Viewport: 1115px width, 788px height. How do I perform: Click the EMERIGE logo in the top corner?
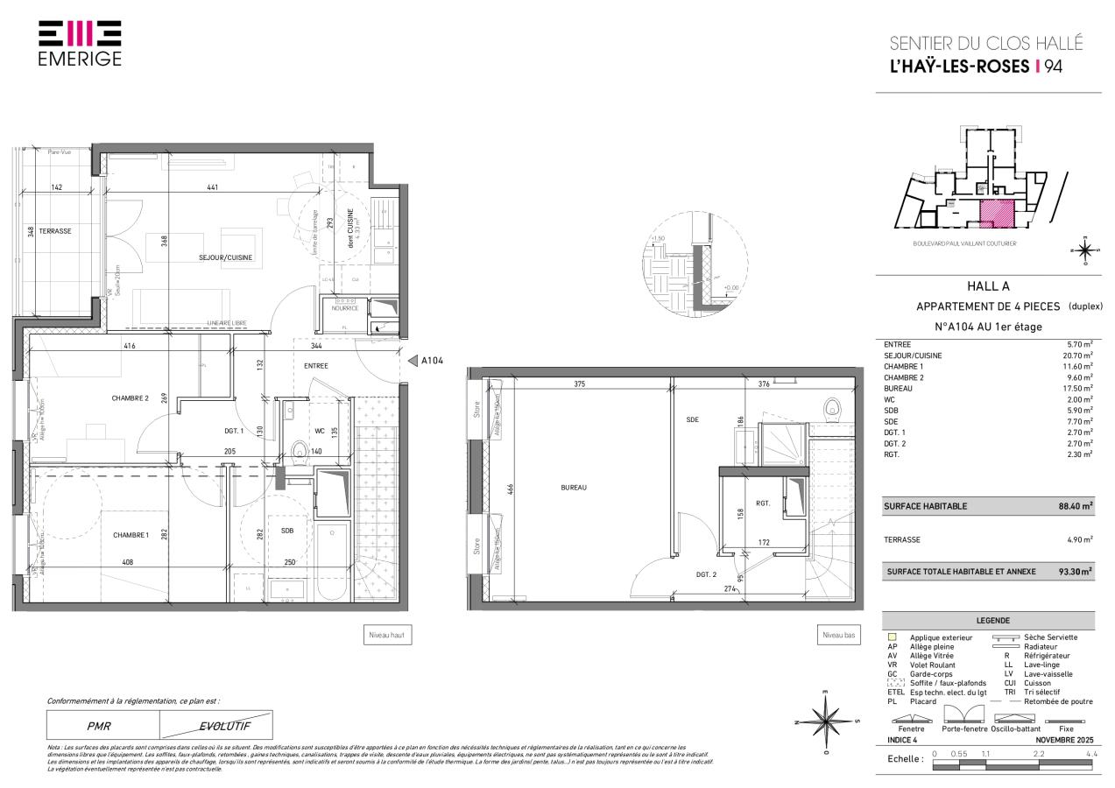coord(80,43)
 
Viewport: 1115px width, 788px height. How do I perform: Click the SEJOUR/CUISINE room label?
coord(226,257)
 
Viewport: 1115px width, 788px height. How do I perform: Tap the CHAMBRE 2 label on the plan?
coord(130,398)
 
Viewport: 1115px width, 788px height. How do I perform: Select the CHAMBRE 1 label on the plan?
coord(131,535)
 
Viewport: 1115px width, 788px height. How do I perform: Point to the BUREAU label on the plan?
coord(574,488)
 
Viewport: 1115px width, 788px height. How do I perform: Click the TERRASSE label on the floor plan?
coord(54,231)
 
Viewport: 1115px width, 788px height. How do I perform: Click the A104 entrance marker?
coord(428,360)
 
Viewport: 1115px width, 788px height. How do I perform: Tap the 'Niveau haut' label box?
coord(388,637)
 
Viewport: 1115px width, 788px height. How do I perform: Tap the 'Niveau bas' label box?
coord(838,637)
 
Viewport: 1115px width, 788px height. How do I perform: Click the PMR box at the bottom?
coord(99,726)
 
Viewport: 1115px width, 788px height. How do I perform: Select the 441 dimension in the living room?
coord(212,187)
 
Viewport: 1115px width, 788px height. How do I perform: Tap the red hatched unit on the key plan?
coord(997,213)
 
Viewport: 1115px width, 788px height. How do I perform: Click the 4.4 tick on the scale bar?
coord(1091,753)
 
